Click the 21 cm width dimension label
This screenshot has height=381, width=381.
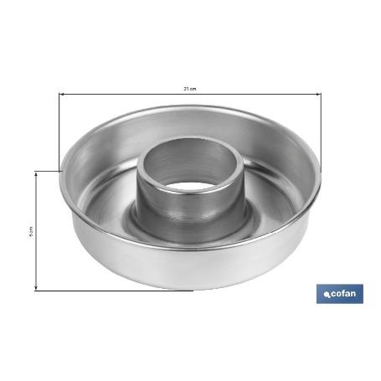coord(190,89)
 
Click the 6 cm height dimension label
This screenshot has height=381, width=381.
coord(31,230)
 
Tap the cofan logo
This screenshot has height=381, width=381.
coord(339,294)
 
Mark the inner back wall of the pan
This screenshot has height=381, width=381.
coord(190,126)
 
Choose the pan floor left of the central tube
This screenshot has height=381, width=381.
coord(105,209)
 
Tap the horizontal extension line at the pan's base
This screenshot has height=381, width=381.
coord(100,291)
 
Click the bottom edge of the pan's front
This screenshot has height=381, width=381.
coord(190,287)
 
